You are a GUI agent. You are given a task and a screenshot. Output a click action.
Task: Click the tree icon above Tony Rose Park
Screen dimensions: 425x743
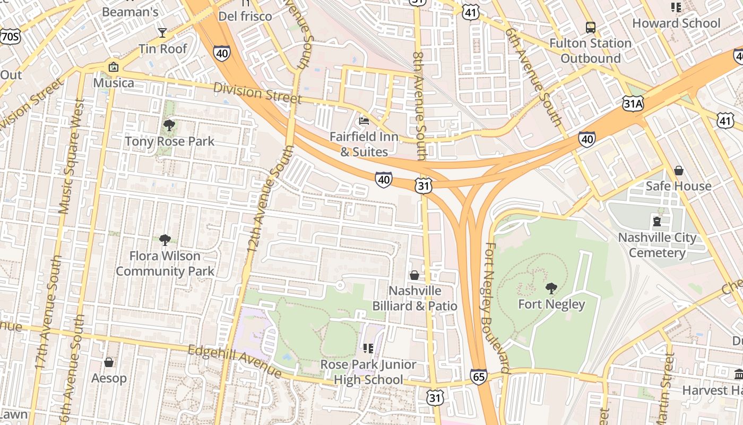pyautogui.click(x=169, y=125)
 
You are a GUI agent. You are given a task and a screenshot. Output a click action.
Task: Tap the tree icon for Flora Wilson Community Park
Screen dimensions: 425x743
pyautogui.click(x=165, y=240)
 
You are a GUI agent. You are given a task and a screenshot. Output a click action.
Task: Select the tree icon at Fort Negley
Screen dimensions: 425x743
pyautogui.click(x=551, y=288)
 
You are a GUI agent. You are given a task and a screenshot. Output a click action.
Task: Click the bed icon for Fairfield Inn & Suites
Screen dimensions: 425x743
pyautogui.click(x=364, y=121)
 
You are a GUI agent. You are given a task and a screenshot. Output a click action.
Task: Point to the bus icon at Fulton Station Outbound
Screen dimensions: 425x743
pyautogui.click(x=590, y=27)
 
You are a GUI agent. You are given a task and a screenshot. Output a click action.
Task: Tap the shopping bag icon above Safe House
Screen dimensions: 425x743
pyautogui.click(x=678, y=171)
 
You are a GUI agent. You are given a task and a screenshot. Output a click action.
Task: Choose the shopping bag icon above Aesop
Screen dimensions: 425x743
pyautogui.click(x=109, y=362)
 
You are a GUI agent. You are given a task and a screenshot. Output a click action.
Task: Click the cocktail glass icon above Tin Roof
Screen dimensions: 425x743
pyautogui.click(x=162, y=33)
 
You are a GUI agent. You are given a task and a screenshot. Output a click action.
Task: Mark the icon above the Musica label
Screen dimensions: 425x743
pyautogui.click(x=113, y=67)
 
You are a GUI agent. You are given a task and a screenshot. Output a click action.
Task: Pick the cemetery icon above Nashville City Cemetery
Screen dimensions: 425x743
pyautogui.click(x=657, y=222)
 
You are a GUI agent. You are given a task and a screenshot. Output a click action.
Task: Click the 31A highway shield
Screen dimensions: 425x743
pyautogui.click(x=633, y=104)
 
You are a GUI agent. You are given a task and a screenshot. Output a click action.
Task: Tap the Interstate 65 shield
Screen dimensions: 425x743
pyautogui.click(x=478, y=377)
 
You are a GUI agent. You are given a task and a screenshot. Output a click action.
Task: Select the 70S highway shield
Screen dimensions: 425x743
pyautogui.click(x=10, y=36)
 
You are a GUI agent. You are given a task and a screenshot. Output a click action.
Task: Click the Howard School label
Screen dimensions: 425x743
pyautogui.click(x=676, y=23)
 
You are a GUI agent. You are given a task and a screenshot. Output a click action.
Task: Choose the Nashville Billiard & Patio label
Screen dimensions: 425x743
pyautogui.click(x=414, y=298)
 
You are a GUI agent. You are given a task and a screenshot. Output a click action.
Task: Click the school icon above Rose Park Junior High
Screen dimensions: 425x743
pyautogui.click(x=368, y=348)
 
